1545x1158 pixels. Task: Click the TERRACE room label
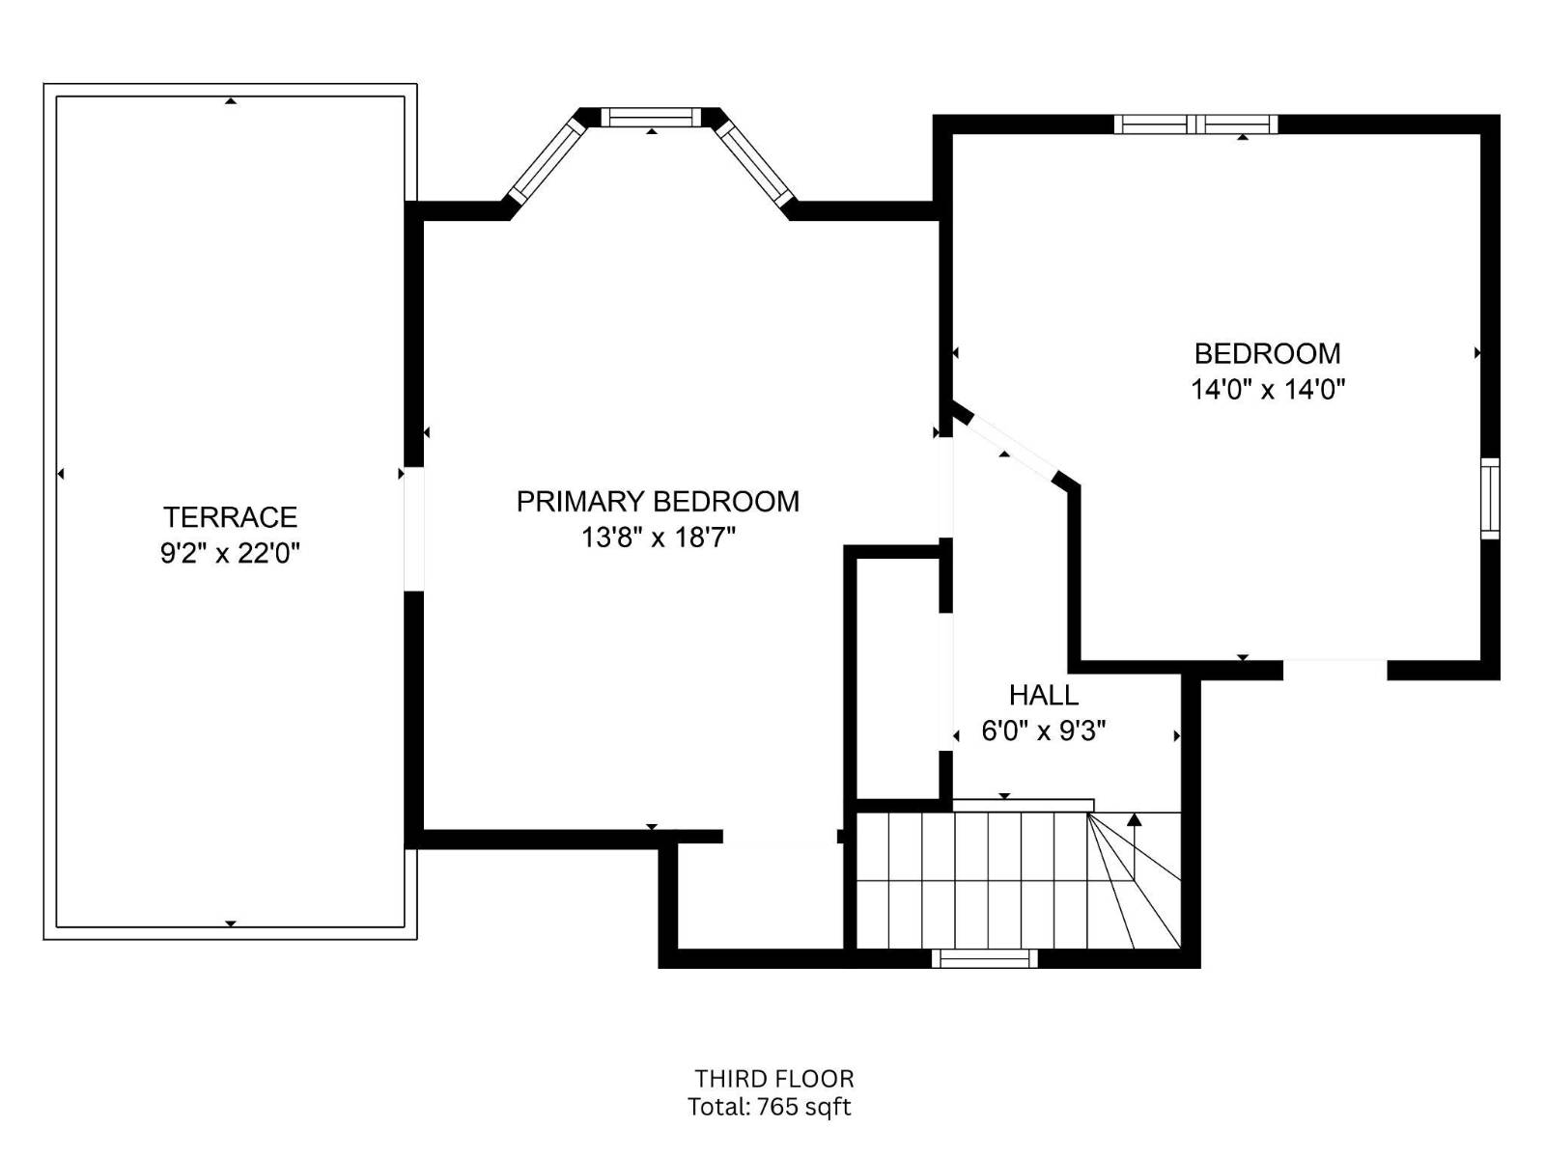pyautogui.click(x=230, y=517)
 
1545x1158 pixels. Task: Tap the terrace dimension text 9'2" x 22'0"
pyautogui.click(x=230, y=554)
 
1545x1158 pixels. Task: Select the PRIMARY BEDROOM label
pyautogui.click(x=659, y=501)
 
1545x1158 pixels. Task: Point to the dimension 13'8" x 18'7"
pyautogui.click(x=659, y=538)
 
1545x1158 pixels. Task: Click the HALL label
pyautogui.click(x=1044, y=695)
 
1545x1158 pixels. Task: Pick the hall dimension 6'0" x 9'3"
pyautogui.click(x=1044, y=731)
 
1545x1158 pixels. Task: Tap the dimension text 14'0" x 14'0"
pyautogui.click(x=1268, y=389)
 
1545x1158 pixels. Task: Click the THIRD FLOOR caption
pyautogui.click(x=774, y=1078)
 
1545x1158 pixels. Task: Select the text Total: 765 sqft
pyautogui.click(x=770, y=1107)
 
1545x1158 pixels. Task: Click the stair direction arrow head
pyautogui.click(x=1134, y=819)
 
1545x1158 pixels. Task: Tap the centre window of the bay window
pyautogui.click(x=651, y=117)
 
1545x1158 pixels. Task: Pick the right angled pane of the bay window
pyautogui.click(x=755, y=161)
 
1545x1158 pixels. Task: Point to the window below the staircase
pyautogui.click(x=985, y=958)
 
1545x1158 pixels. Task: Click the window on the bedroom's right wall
pyautogui.click(x=1489, y=499)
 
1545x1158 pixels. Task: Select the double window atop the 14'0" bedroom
pyautogui.click(x=1195, y=124)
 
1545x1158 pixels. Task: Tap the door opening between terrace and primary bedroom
pyautogui.click(x=414, y=529)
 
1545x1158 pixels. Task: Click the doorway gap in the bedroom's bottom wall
pyautogui.click(x=1334, y=670)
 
